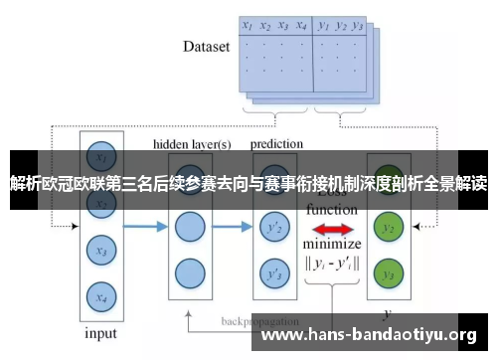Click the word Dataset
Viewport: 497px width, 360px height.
coord(207,46)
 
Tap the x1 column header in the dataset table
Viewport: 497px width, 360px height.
coord(248,26)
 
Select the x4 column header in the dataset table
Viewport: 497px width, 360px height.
coord(301,26)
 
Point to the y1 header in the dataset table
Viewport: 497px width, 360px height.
coord(324,26)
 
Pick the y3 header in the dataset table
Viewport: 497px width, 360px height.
coord(359,26)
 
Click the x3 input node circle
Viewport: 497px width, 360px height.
coord(99,253)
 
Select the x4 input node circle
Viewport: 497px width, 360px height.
coord(99,295)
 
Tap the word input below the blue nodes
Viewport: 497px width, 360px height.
coord(100,333)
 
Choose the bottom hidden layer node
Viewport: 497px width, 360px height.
coord(189,272)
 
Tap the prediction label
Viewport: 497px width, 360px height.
coord(277,144)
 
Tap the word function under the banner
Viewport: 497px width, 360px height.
coord(331,211)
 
